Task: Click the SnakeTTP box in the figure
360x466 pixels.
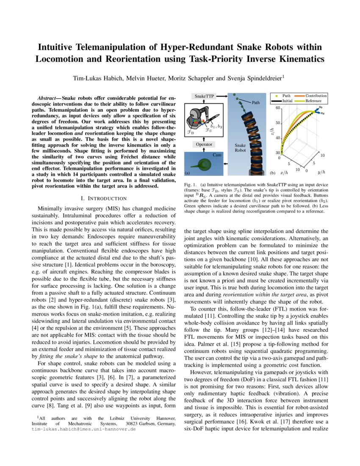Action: (204, 97)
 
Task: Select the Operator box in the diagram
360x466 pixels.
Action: (204, 144)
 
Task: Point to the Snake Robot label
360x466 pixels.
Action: (241, 147)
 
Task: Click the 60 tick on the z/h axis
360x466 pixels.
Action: (278, 108)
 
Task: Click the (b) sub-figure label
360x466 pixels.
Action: (273, 173)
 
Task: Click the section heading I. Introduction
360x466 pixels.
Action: (103, 198)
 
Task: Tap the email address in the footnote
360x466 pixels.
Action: (83, 429)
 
